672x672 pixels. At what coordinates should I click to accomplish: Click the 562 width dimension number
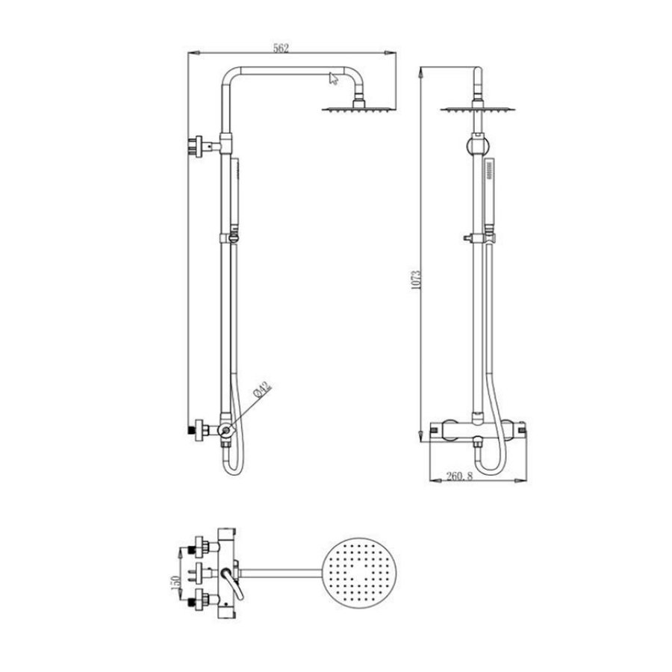[281, 48]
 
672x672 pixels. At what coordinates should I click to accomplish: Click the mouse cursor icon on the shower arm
[333, 77]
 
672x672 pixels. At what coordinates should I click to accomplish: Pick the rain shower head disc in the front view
[476, 111]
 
